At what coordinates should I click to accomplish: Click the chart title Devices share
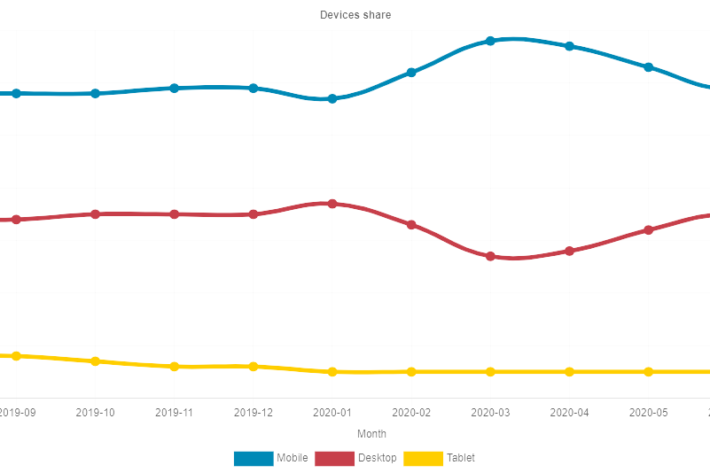pyautogui.click(x=355, y=15)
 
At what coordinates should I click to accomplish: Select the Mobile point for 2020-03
pyautogui.click(x=490, y=41)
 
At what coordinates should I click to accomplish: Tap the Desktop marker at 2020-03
pyautogui.click(x=490, y=256)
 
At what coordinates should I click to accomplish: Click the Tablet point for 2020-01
pyautogui.click(x=332, y=372)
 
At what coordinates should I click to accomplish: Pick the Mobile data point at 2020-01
pyautogui.click(x=332, y=99)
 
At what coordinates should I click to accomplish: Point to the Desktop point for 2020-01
pyautogui.click(x=332, y=204)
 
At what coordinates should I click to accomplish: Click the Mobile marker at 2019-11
pyautogui.click(x=175, y=89)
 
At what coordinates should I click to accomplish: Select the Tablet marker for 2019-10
pyautogui.click(x=96, y=361)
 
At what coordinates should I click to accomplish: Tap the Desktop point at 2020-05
pyautogui.click(x=649, y=230)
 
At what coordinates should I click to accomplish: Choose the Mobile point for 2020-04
pyautogui.click(x=569, y=46)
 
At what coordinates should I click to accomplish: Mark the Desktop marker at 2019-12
pyautogui.click(x=254, y=214)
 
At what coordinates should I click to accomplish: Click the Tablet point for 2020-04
pyautogui.click(x=569, y=372)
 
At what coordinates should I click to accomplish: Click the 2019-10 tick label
pyautogui.click(x=96, y=413)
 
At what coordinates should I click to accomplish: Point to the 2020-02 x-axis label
pyautogui.click(x=411, y=413)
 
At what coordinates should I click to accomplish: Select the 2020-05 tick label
pyautogui.click(x=649, y=413)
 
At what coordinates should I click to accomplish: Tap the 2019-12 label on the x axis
pyautogui.click(x=254, y=413)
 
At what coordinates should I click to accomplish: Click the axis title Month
pyautogui.click(x=371, y=434)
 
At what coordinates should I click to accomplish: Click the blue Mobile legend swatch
pyautogui.click(x=254, y=458)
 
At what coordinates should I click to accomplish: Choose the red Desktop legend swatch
pyautogui.click(x=334, y=458)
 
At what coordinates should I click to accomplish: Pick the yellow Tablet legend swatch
pyautogui.click(x=423, y=458)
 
